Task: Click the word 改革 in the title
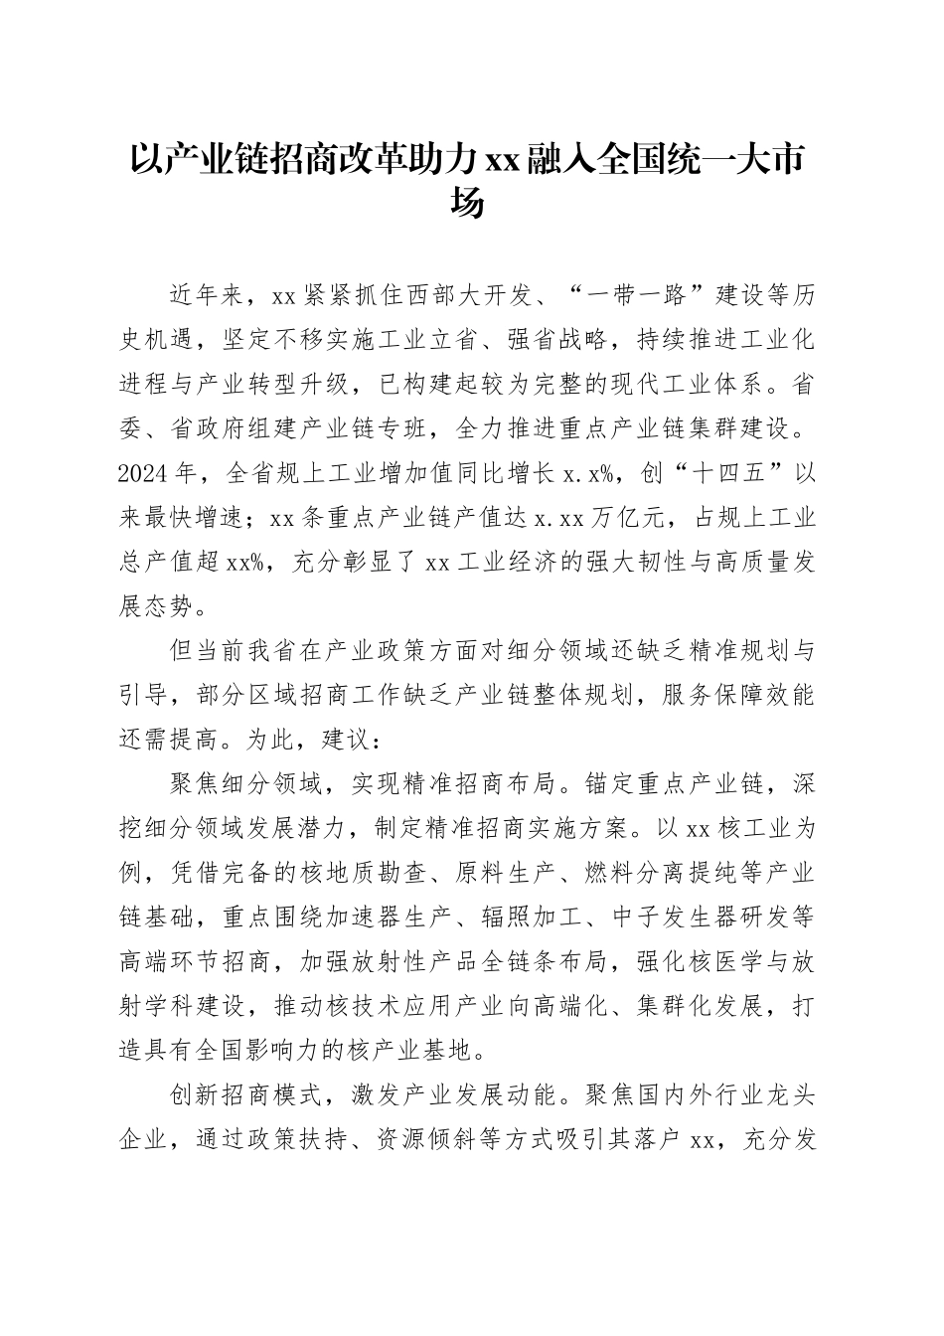click(x=390, y=159)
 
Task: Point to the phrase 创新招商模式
click(x=247, y=1096)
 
